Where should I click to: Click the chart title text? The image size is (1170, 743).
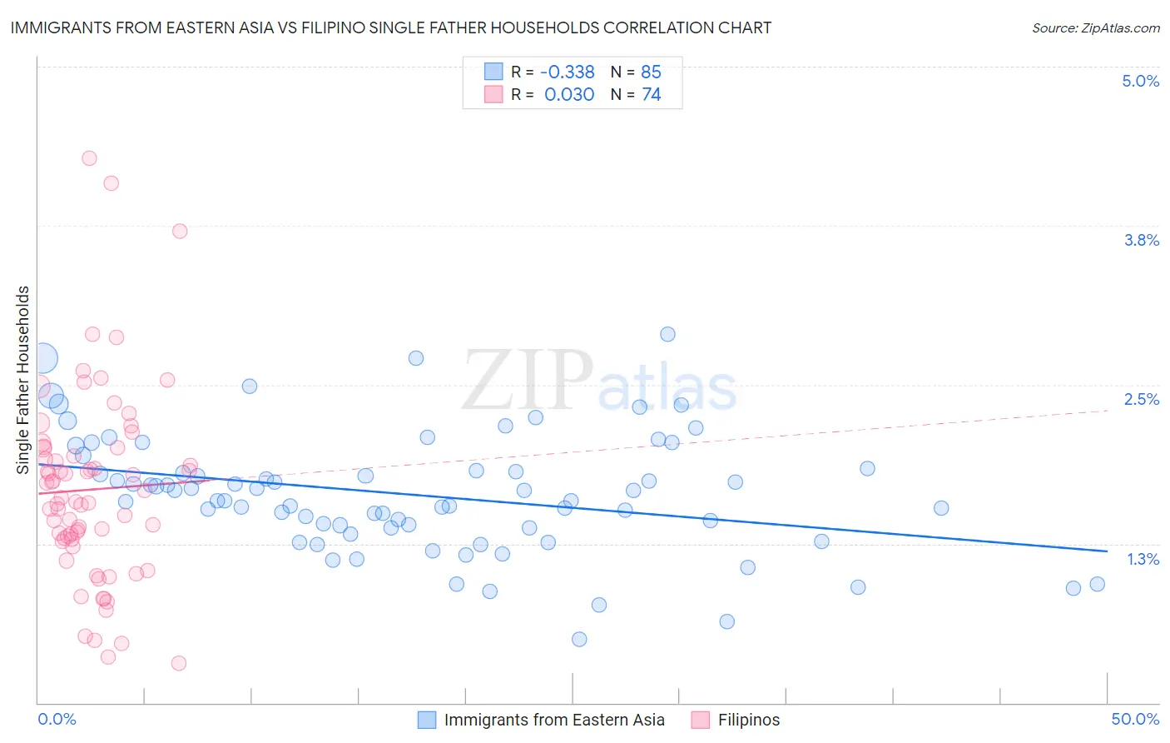point(390,28)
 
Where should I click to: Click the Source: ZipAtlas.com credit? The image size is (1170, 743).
point(1095,28)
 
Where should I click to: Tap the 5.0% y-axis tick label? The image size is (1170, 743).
point(1140,82)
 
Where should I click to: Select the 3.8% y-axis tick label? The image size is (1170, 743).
point(1141,241)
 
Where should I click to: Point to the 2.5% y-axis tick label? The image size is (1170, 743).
point(1141,400)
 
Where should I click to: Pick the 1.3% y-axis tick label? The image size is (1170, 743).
point(1143,559)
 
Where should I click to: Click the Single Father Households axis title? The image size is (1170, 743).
point(23,380)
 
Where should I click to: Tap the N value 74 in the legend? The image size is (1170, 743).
point(651,95)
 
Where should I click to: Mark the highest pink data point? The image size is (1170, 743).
point(89,158)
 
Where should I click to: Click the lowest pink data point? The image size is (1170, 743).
point(178,663)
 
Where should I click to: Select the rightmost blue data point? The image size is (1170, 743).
point(1097,584)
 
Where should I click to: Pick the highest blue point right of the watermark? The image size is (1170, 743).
point(667,334)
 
